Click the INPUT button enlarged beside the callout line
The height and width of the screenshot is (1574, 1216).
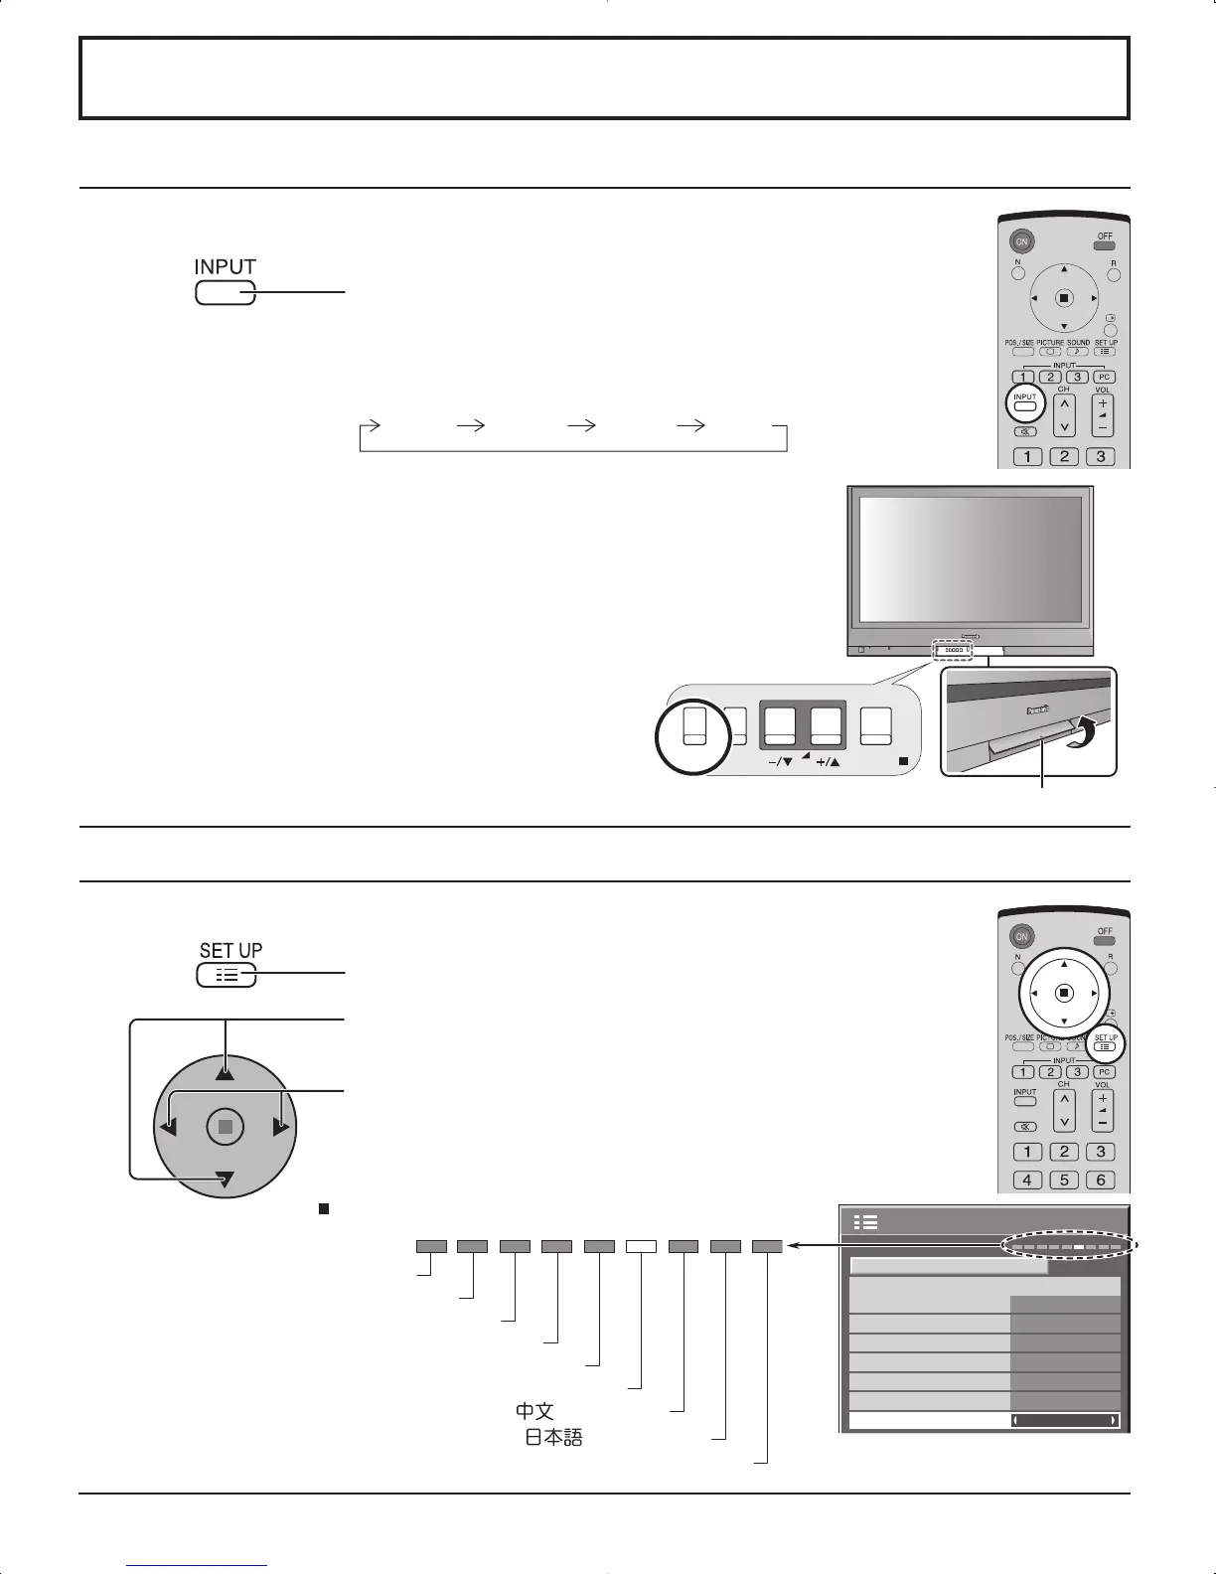[x=226, y=293]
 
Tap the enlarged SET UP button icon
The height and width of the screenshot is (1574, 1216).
[x=227, y=976]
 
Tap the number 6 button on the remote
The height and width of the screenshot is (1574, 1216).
[x=1100, y=1180]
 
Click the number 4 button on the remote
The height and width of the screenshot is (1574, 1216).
[x=1027, y=1180]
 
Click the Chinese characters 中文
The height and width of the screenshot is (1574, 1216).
[x=533, y=1410]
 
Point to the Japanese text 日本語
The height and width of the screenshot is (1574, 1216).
[x=553, y=1437]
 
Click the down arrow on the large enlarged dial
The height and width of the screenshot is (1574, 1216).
[x=227, y=1180]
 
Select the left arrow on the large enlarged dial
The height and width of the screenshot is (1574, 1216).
[x=166, y=1127]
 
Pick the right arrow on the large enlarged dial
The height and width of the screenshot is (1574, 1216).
[x=283, y=1127]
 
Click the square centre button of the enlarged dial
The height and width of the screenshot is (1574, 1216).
[x=226, y=1127]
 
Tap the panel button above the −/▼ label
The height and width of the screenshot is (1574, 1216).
[x=782, y=726]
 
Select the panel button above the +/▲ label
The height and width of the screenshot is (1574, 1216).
[x=827, y=726]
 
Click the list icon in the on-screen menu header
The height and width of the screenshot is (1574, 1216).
[x=865, y=1222]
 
